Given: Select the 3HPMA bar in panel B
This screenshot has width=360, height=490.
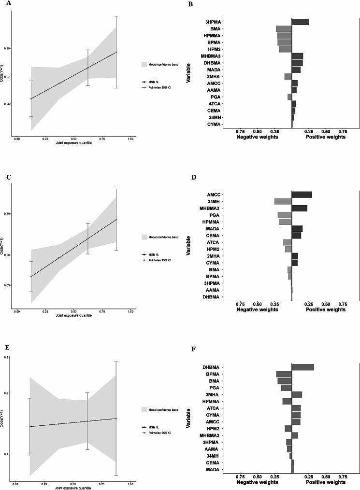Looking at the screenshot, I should (x=300, y=22).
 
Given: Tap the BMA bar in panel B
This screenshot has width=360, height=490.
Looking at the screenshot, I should (x=284, y=29).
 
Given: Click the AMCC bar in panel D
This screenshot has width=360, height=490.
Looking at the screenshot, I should (x=302, y=195).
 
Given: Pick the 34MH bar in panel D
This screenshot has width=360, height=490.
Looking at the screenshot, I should (x=283, y=201).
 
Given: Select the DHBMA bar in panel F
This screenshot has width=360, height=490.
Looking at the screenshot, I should (x=302, y=367).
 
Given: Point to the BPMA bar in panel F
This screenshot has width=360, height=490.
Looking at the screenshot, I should (x=284, y=374).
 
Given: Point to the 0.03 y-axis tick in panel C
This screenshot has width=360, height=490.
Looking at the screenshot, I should (x=6, y=285).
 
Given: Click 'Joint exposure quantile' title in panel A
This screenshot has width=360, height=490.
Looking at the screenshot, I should (x=73, y=143).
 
